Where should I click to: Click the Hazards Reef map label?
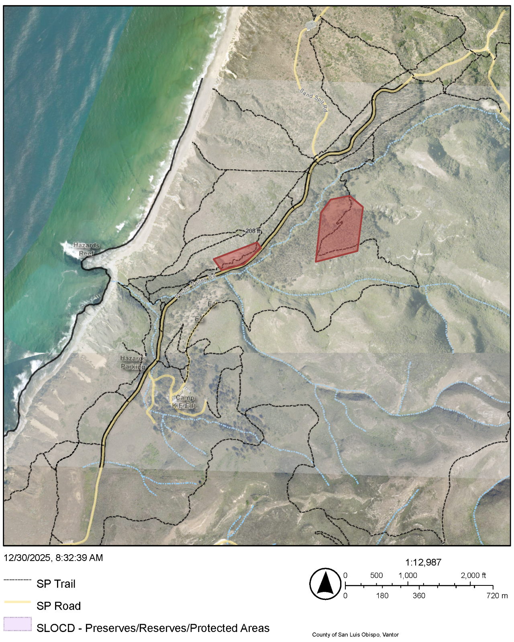pyautogui.click(x=86, y=249)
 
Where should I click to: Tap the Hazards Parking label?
pyautogui.click(x=133, y=363)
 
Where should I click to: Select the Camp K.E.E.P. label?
pyautogui.click(x=185, y=402)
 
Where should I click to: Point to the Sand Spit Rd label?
pyautogui.click(x=314, y=100)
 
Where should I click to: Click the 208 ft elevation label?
pyautogui.click(x=253, y=231)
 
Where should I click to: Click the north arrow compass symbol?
pyautogui.click(x=325, y=584)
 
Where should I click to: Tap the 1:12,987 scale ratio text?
pyautogui.click(x=423, y=562)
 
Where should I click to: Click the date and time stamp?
pyautogui.click(x=53, y=558)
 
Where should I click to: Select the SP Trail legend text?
pyautogui.click(x=56, y=584)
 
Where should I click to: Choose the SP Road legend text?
pyautogui.click(x=59, y=606)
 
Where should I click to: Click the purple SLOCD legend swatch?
pyautogui.click(x=18, y=624)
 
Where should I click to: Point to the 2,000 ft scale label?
pyautogui.click(x=473, y=575)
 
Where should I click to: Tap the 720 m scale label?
pyautogui.click(x=497, y=595)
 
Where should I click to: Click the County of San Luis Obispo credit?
pyautogui.click(x=355, y=634)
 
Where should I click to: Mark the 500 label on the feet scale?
pyautogui.click(x=376, y=575)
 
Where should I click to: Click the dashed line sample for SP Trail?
pyautogui.click(x=18, y=580)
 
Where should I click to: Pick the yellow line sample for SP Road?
pyautogui.click(x=18, y=602)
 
